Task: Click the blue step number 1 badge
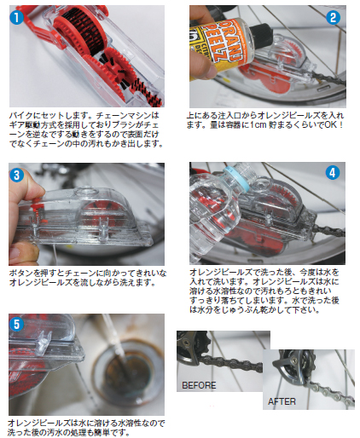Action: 17,17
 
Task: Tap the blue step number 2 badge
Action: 333,17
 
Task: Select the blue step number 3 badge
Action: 17,175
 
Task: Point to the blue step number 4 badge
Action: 333,173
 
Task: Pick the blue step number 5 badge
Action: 17,324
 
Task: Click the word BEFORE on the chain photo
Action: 199,385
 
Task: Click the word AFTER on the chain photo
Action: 282,401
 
